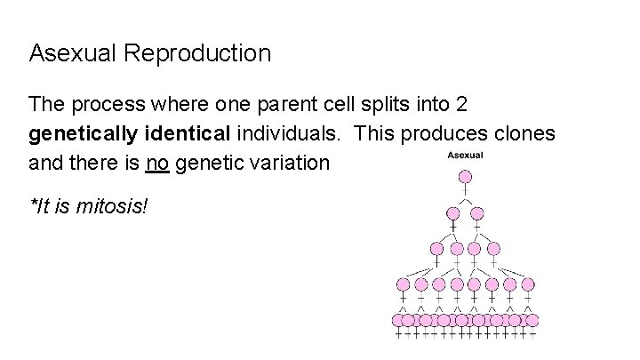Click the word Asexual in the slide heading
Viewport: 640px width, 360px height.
(x=74, y=53)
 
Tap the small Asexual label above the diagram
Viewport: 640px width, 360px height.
(x=464, y=155)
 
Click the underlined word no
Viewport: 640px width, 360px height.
(x=157, y=164)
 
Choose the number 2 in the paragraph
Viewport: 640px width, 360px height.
(x=460, y=105)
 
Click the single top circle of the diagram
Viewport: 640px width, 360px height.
(x=465, y=177)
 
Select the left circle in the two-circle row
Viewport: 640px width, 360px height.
(x=452, y=213)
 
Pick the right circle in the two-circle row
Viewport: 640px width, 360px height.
(x=476, y=213)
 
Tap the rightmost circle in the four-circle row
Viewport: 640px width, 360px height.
(x=494, y=250)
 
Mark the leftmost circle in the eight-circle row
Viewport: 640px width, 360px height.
(x=403, y=284)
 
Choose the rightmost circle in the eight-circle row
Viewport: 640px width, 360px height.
(x=528, y=284)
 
